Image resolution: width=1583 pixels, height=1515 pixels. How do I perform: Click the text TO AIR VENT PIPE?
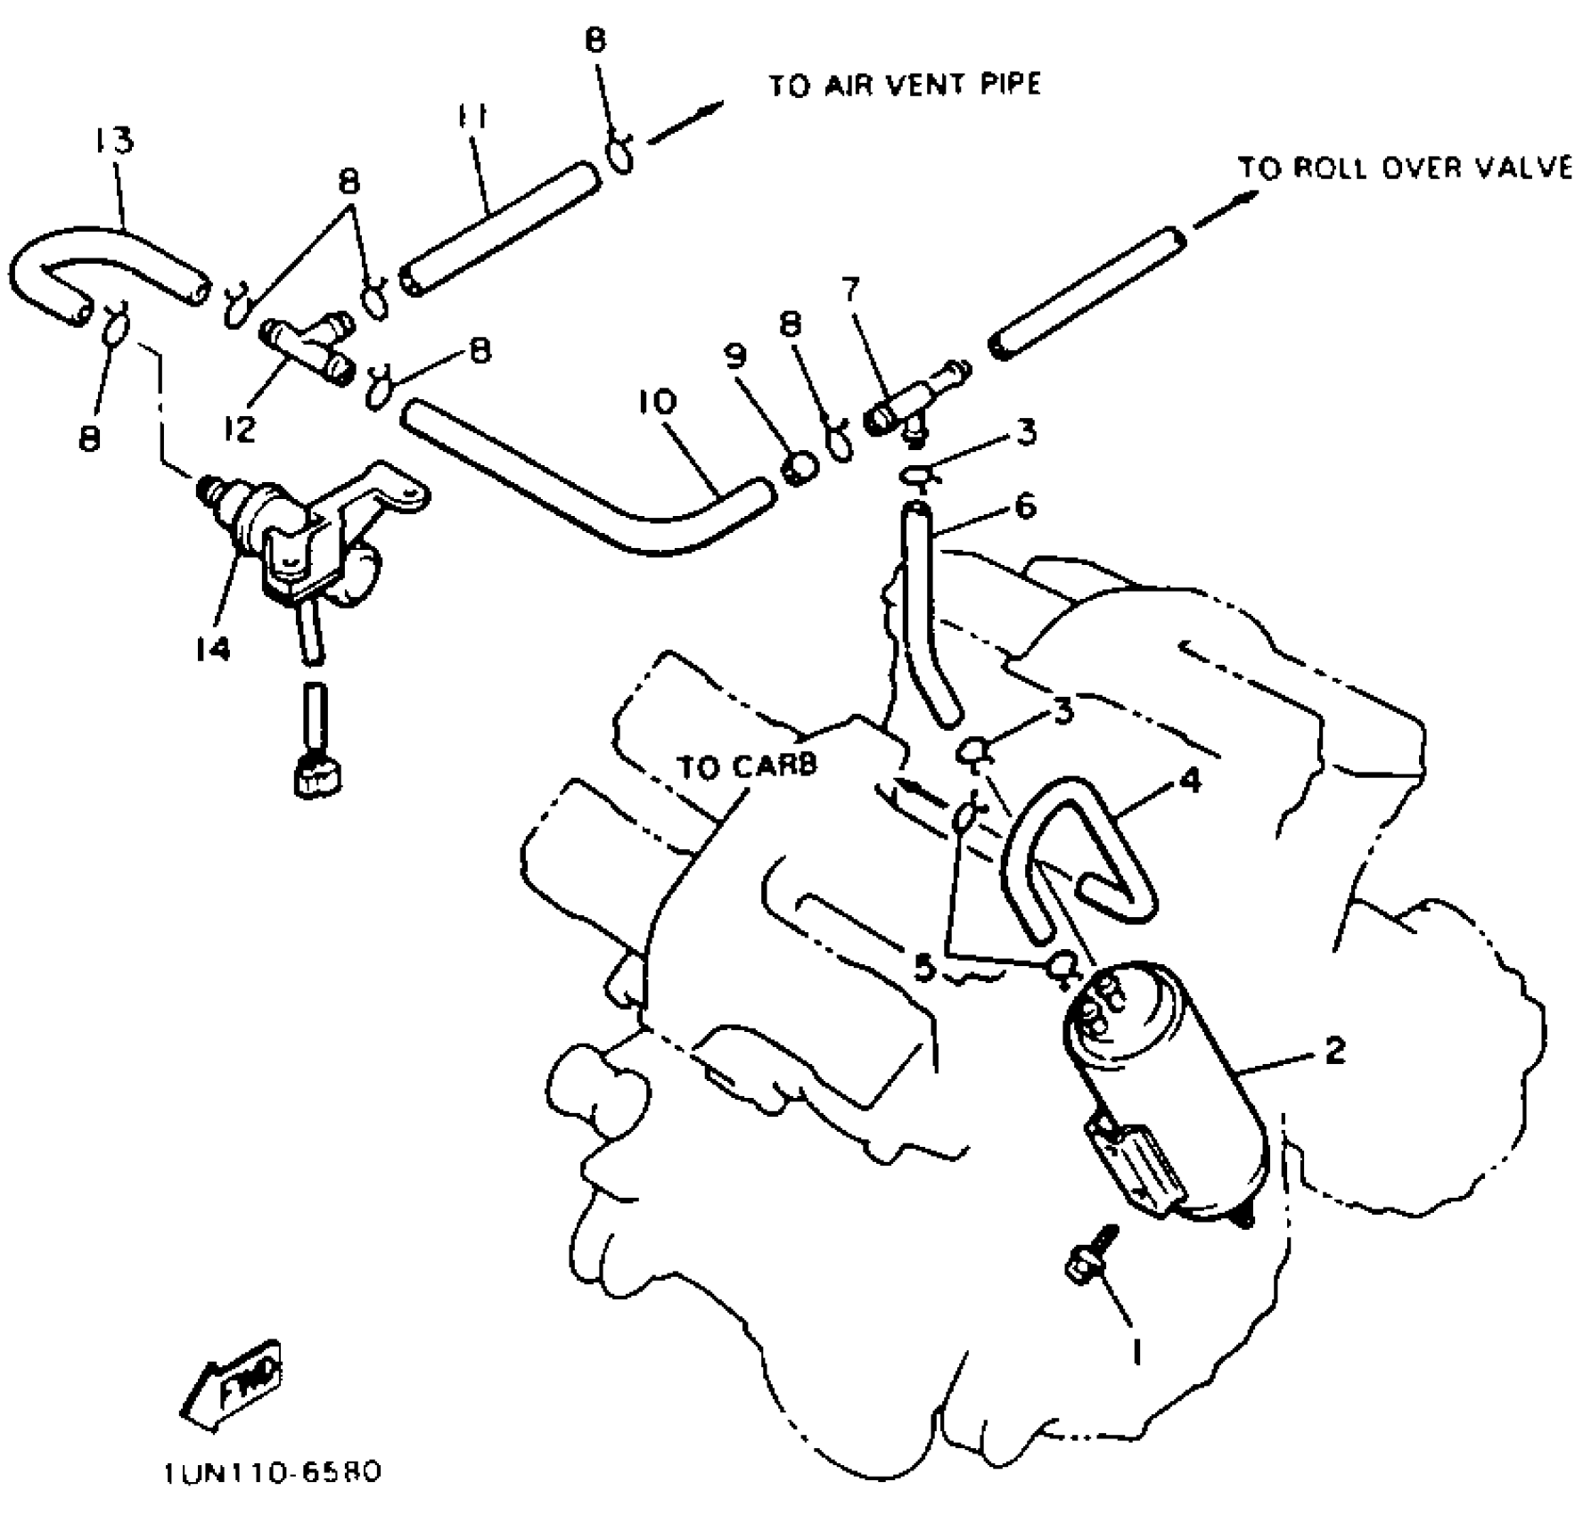[904, 86]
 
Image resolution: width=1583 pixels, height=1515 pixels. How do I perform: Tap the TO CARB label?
[747, 766]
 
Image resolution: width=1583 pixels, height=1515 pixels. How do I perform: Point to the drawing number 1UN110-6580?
[272, 1472]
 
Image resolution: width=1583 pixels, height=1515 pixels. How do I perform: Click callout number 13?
[114, 141]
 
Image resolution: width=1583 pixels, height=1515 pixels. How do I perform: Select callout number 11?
[473, 117]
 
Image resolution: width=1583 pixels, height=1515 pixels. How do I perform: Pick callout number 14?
[213, 649]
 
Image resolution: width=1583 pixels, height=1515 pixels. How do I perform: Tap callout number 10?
[657, 403]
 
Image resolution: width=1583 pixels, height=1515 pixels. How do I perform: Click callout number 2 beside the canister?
[1333, 1051]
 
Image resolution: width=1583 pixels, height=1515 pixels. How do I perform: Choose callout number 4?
[1190, 781]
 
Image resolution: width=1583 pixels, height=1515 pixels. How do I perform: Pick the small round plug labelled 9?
[800, 467]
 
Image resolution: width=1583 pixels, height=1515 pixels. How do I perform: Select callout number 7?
[850, 290]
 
